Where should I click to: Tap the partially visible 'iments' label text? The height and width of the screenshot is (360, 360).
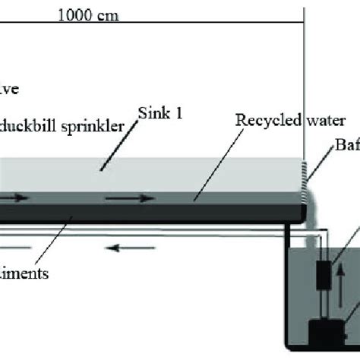point(27,273)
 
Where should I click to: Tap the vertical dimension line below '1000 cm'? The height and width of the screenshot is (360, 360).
point(304,76)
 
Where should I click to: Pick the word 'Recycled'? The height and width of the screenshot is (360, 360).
point(257,120)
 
